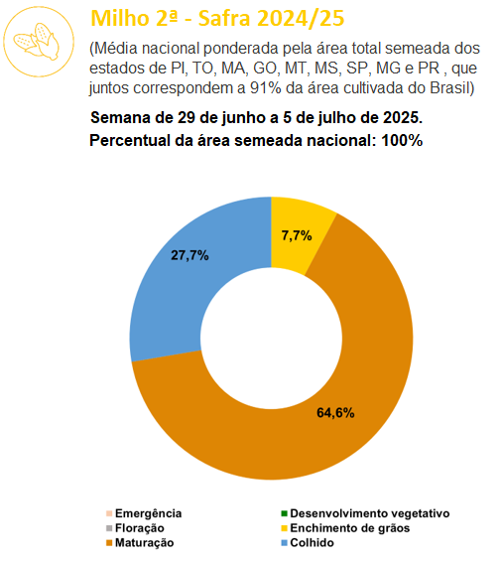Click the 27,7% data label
click(189, 255)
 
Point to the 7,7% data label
click(297, 235)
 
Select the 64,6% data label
click(335, 413)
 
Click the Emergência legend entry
click(144, 513)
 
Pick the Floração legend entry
click(135, 528)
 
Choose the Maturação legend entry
click(140, 543)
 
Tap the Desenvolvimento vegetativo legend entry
click(365, 513)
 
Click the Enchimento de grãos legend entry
click(345, 528)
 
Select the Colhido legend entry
click(308, 543)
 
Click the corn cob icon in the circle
click(37, 42)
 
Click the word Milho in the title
click(120, 18)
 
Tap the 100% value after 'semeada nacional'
click(402, 140)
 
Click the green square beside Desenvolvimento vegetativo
click(284, 513)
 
